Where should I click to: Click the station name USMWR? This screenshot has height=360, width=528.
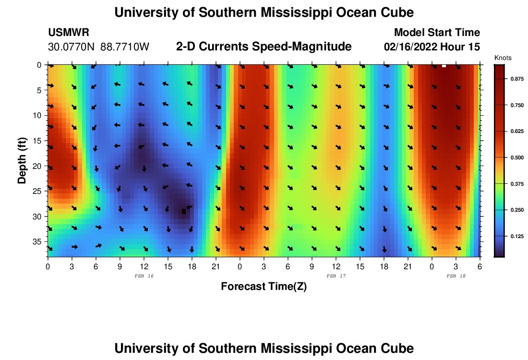(x=68, y=33)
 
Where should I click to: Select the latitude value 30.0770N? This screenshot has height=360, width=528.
(x=72, y=47)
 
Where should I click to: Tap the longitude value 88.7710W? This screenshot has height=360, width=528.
(x=125, y=47)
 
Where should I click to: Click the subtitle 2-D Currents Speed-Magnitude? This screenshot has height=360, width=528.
(x=264, y=47)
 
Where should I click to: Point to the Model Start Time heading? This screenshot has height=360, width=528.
(x=436, y=33)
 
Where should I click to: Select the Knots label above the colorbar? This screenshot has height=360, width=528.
(x=503, y=58)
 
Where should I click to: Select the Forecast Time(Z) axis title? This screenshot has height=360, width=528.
(x=264, y=287)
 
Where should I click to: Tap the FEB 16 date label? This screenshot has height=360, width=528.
(x=144, y=276)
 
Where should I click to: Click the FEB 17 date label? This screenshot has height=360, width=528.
(x=336, y=276)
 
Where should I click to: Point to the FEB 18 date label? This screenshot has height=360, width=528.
(x=456, y=276)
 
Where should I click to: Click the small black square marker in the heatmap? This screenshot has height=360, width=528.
(x=184, y=211)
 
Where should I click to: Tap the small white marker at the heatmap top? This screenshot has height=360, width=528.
(x=444, y=66)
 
